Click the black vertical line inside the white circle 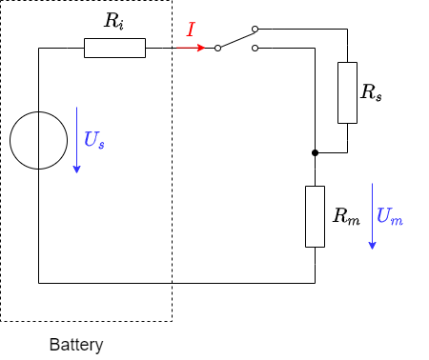[38, 141]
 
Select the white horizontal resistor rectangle [114, 48]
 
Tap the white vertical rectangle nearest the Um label [315, 216]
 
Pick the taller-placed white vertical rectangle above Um [347, 92]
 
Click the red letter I [191, 30]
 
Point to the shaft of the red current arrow [187, 48]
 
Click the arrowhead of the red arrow [201, 48]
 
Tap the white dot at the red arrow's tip [217, 48]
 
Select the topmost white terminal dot [255, 29]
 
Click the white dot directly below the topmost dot [255, 48]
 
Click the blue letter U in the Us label [91, 139]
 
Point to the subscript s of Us [101, 145]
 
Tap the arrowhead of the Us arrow [76, 170]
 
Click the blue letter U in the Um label [383, 215]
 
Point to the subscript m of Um [397, 221]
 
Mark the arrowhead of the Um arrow [372, 246]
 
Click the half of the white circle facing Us [52, 141]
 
